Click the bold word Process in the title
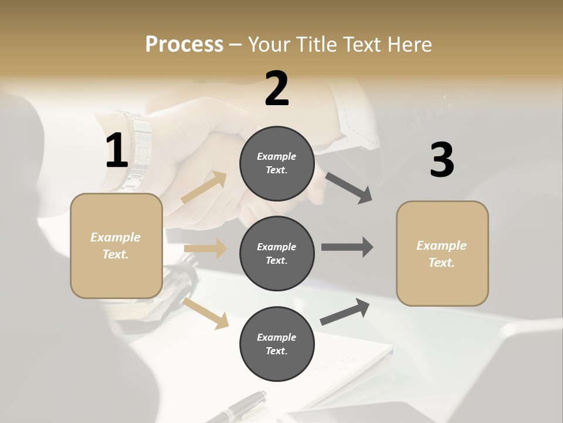click(x=184, y=44)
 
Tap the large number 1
click(x=117, y=151)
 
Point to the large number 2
click(x=277, y=89)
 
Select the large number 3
click(x=442, y=160)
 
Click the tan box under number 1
click(x=116, y=246)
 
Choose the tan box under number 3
click(x=442, y=253)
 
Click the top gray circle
click(x=277, y=163)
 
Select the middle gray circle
click(x=277, y=253)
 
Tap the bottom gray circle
click(x=277, y=344)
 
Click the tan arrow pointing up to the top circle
click(x=204, y=188)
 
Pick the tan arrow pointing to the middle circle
click(x=205, y=249)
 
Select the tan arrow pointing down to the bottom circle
click(x=206, y=313)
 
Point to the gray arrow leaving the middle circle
click(x=347, y=247)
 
